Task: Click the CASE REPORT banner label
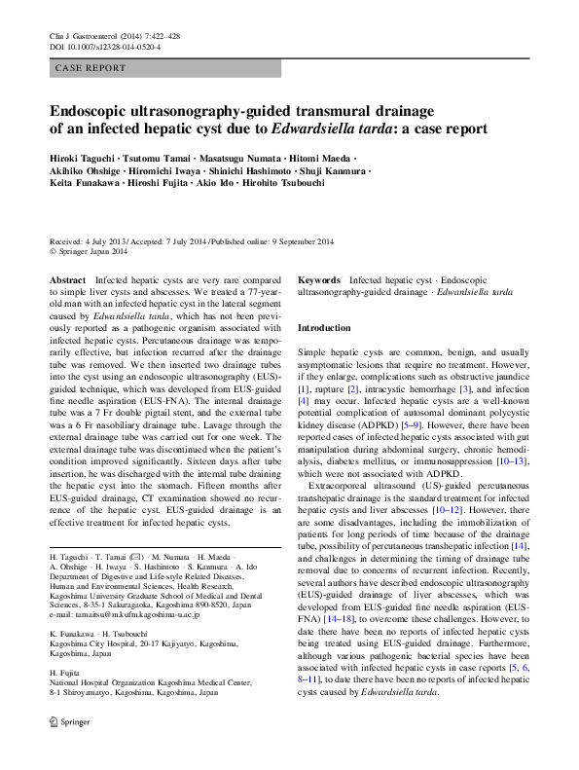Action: pos(91,68)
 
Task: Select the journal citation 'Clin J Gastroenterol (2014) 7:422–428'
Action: pos(116,35)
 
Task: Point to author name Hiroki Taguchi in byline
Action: pos(85,157)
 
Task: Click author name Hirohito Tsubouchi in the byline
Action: pos(298,182)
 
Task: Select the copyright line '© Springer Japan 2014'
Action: pos(89,251)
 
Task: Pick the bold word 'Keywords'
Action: pos(318,280)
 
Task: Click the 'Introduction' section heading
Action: pos(323,328)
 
